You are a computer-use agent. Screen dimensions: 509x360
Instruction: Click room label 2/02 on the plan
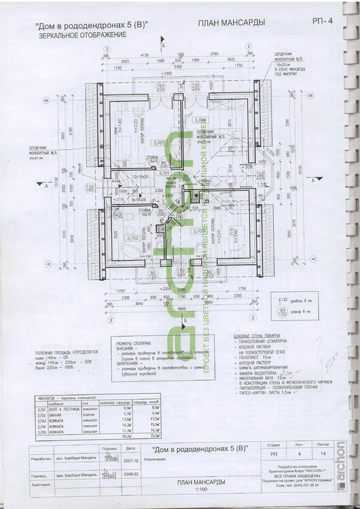[134, 238]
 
